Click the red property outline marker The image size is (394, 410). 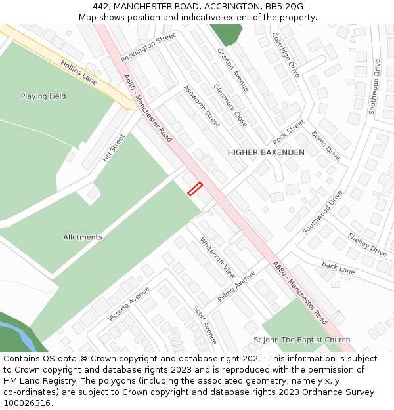click(195, 189)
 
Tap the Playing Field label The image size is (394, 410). click(43, 96)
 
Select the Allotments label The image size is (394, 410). click(83, 237)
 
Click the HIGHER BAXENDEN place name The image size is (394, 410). click(266, 152)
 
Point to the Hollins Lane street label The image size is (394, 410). click(79, 72)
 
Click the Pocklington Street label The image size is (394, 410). click(148, 47)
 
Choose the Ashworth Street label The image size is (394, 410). click(202, 106)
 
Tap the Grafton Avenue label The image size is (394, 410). click(233, 69)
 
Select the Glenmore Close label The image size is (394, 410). click(230, 105)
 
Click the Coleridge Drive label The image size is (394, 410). click(286, 55)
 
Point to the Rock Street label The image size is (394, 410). click(289, 133)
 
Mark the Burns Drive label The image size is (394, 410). click(326, 146)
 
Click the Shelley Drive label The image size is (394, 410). click(367, 244)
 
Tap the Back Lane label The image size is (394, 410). click(338, 267)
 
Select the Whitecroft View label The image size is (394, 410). click(217, 258)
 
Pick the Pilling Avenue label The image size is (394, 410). click(236, 285)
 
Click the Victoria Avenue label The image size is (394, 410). click(129, 303)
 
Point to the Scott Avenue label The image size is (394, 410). click(205, 324)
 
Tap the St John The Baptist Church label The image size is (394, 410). click(302, 340)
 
